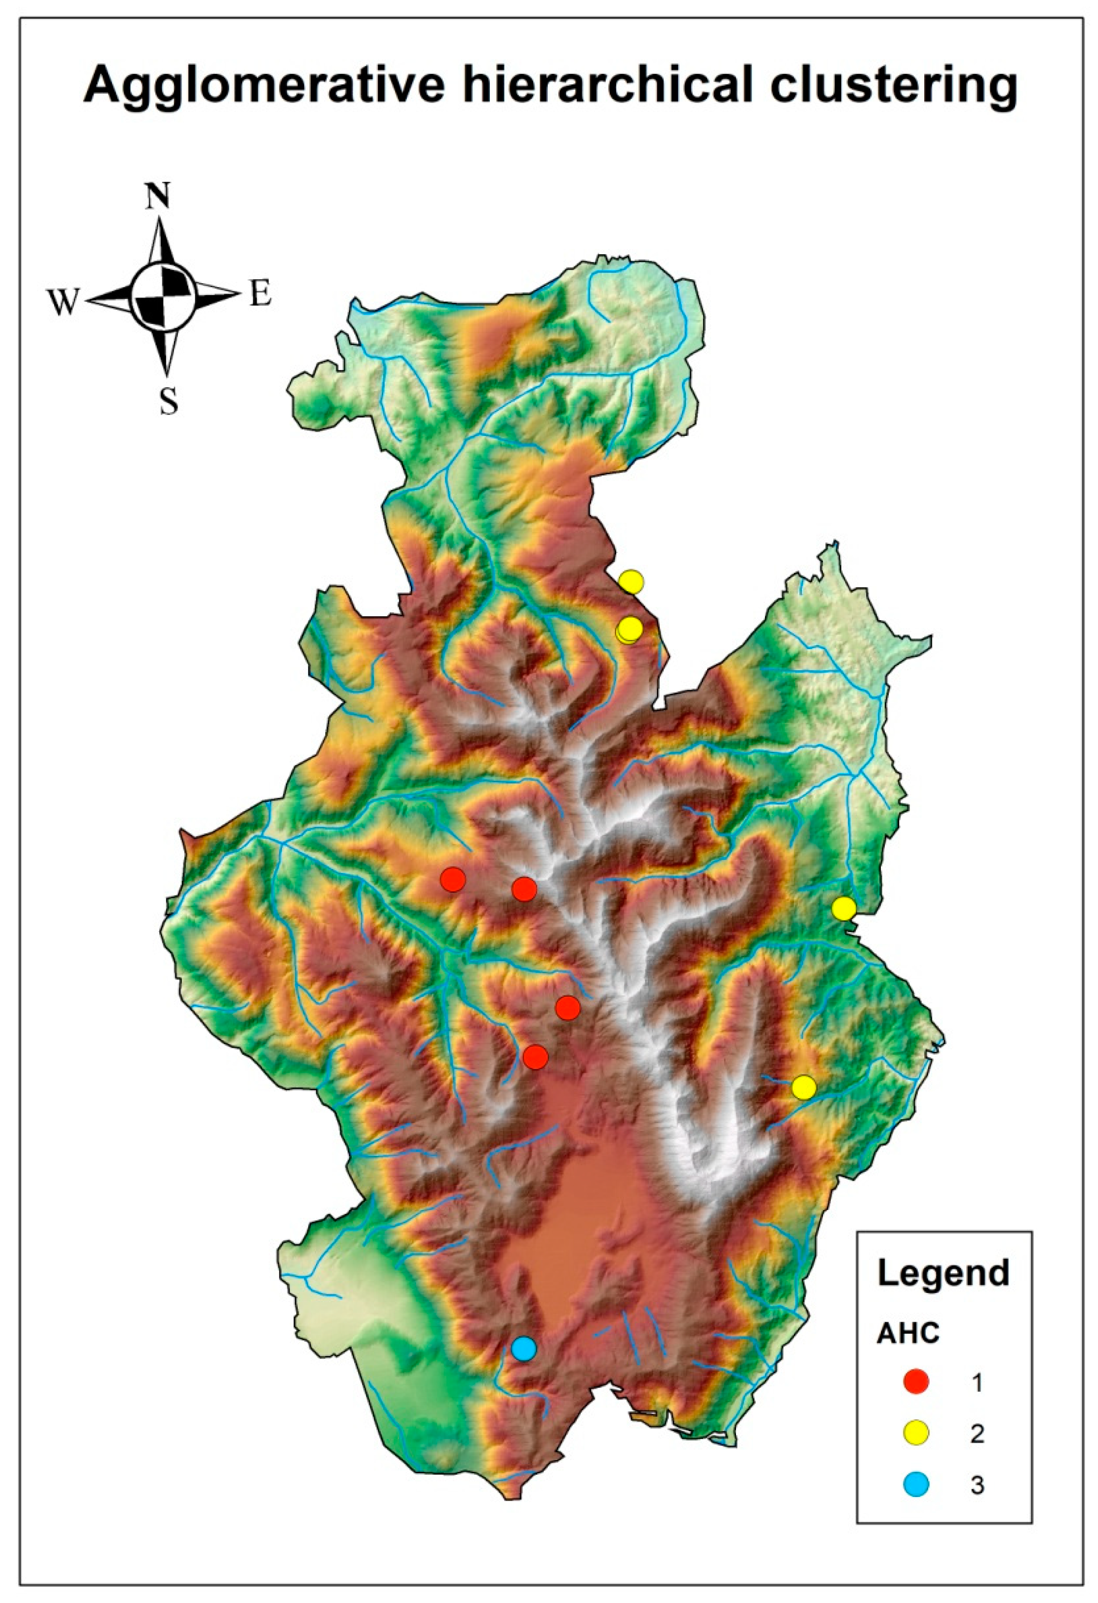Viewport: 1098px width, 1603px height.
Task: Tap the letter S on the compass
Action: tap(168, 401)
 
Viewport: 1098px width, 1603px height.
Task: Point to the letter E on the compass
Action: tap(260, 295)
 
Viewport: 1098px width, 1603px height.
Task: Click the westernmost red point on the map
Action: tap(453, 880)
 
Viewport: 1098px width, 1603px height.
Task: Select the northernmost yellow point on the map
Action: tap(631, 582)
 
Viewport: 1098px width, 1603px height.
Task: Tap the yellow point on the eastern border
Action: tap(843, 909)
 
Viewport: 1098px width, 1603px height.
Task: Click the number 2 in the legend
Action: tap(976, 1434)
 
